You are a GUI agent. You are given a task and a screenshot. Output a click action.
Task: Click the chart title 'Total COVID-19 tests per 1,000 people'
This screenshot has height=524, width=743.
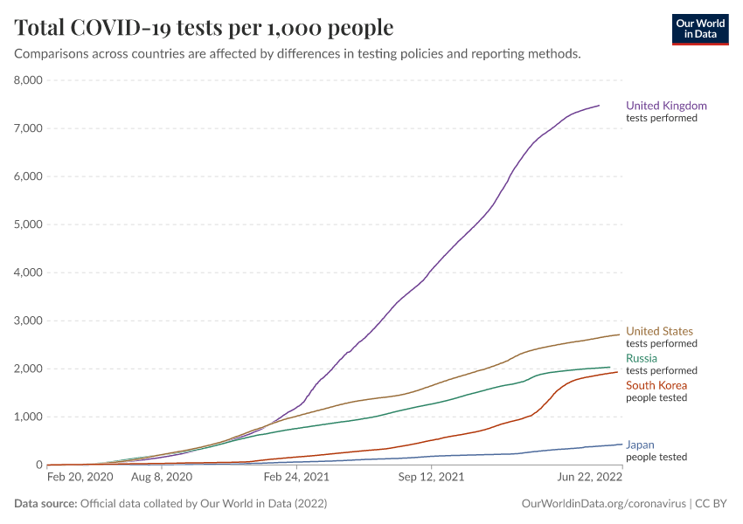(x=204, y=28)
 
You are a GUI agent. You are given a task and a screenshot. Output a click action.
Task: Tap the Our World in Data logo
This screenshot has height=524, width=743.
(x=699, y=28)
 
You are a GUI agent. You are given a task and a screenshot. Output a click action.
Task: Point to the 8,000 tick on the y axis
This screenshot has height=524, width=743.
(x=28, y=80)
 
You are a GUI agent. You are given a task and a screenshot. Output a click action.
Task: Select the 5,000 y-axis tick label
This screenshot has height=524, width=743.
(x=28, y=224)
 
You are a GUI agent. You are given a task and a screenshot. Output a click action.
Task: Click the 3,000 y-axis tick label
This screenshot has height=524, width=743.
(x=28, y=321)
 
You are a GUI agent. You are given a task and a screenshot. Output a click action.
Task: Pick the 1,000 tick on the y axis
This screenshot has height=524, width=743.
(x=28, y=417)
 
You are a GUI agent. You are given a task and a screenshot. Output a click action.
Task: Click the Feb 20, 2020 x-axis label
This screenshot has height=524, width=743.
(x=80, y=478)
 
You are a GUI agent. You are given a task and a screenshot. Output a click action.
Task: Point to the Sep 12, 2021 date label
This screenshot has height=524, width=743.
(x=430, y=478)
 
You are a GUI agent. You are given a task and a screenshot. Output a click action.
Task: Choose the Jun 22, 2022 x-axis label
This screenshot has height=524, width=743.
(x=589, y=478)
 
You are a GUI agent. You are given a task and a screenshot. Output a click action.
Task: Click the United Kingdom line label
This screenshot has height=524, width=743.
(x=666, y=106)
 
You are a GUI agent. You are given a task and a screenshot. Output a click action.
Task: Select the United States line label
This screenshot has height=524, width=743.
(x=659, y=331)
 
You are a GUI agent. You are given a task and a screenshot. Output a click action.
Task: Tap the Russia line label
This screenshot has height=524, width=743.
(x=642, y=358)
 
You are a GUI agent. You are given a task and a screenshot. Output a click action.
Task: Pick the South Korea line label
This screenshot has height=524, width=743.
(x=656, y=385)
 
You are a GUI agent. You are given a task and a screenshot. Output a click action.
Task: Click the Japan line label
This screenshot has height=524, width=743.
(x=640, y=444)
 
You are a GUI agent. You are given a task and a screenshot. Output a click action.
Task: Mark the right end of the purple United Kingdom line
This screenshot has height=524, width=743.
(x=599, y=106)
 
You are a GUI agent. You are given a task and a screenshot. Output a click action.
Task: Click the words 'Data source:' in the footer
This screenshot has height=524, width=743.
(x=45, y=504)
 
